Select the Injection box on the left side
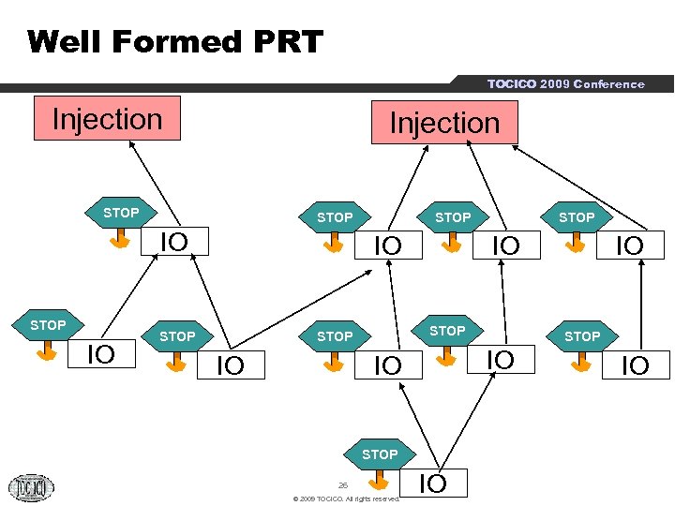107,119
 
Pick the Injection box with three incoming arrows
444,123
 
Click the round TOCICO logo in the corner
31,487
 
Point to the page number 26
343,484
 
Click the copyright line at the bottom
347,499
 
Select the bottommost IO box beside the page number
432,484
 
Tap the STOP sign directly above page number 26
379,454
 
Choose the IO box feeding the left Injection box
173,242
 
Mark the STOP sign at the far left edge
47,325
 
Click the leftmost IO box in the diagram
101,354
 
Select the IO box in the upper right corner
627,246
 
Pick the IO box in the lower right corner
635,365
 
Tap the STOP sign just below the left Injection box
120,214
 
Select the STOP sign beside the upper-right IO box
577,217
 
